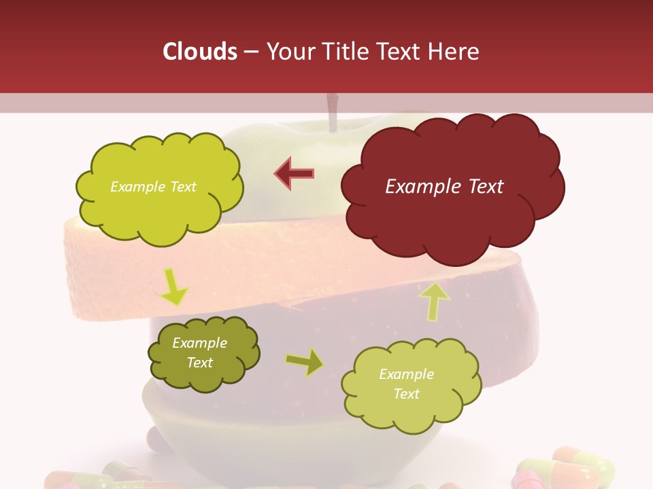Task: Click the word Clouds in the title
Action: [x=200, y=52]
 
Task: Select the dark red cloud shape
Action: [x=452, y=187]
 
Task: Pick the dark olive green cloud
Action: [x=203, y=353]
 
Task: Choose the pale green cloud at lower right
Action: [x=406, y=383]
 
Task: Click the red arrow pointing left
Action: [x=294, y=173]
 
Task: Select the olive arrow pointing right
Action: [x=305, y=362]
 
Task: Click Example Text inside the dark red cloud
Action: [x=444, y=187]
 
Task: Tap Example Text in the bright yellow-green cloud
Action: [x=153, y=187]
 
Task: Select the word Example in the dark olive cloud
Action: [x=199, y=343]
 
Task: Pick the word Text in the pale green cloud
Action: [x=406, y=394]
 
